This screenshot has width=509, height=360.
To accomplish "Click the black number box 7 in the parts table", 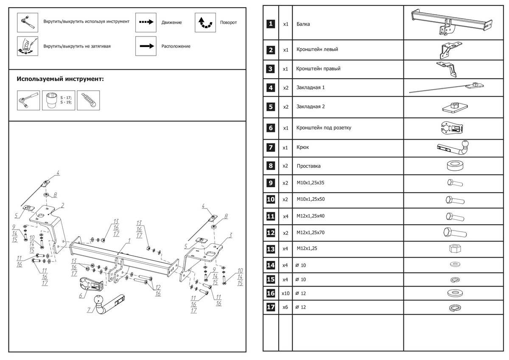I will (271, 148).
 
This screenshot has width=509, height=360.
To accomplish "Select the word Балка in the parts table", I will (303, 24).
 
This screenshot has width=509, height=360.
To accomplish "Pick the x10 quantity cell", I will (285, 293).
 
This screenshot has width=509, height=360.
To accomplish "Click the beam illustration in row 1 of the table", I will (452, 23).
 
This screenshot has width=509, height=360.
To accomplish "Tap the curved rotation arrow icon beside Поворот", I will (205, 22).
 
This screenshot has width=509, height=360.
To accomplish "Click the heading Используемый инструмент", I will (60, 79).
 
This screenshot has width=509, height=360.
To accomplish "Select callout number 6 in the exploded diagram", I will (80, 296).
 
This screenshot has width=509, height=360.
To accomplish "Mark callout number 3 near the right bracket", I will (230, 235).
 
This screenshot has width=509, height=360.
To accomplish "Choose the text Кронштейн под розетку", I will (324, 127).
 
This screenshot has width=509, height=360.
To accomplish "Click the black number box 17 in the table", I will (271, 307).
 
